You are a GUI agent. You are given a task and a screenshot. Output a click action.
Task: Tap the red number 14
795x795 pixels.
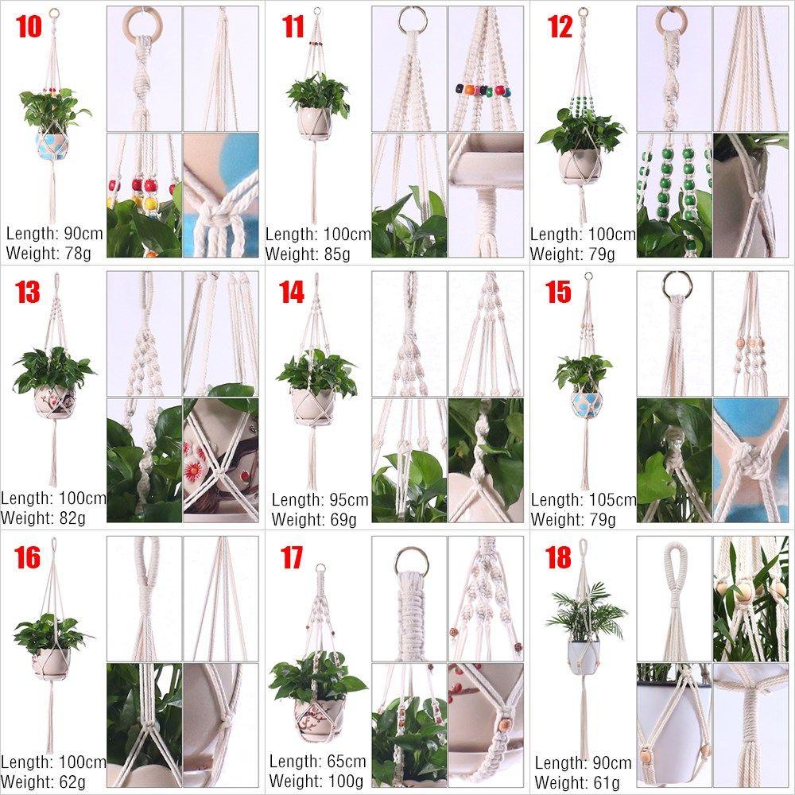(x=292, y=293)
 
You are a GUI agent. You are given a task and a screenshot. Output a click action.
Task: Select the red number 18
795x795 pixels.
(x=558, y=558)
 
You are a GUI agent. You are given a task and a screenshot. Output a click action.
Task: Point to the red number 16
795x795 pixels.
(x=27, y=558)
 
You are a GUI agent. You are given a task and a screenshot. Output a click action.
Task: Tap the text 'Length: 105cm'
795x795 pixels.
(x=584, y=501)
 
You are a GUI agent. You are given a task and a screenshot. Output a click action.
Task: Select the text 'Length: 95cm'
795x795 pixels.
(x=320, y=501)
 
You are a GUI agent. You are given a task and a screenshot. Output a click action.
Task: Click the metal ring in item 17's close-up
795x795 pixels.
(x=409, y=564)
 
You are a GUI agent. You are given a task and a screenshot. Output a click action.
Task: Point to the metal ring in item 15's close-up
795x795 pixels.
(x=676, y=286)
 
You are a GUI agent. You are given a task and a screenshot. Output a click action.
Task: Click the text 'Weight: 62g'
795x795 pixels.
(x=43, y=781)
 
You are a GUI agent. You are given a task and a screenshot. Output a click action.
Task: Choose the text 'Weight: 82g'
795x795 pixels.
(x=43, y=519)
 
